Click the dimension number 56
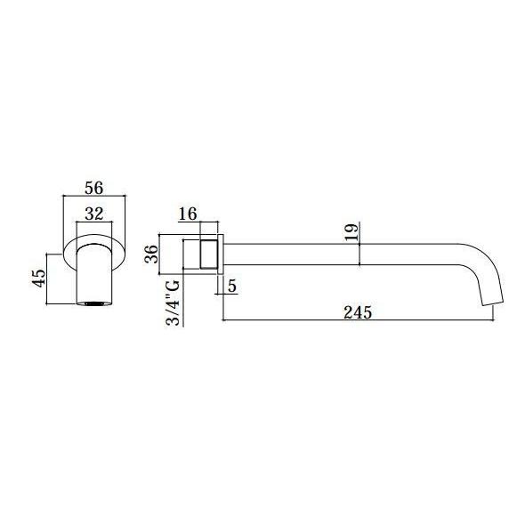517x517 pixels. click(x=94, y=188)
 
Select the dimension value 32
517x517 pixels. click(x=94, y=214)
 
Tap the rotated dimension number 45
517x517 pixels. click(x=39, y=279)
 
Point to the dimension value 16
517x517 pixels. click(x=188, y=214)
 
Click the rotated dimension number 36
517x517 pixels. click(x=151, y=254)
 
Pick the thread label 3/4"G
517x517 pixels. click(x=173, y=303)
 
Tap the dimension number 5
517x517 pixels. click(x=232, y=286)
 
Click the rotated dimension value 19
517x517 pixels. click(x=351, y=232)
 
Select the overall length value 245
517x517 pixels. click(x=358, y=312)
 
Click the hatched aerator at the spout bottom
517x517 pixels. click(x=94, y=303)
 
